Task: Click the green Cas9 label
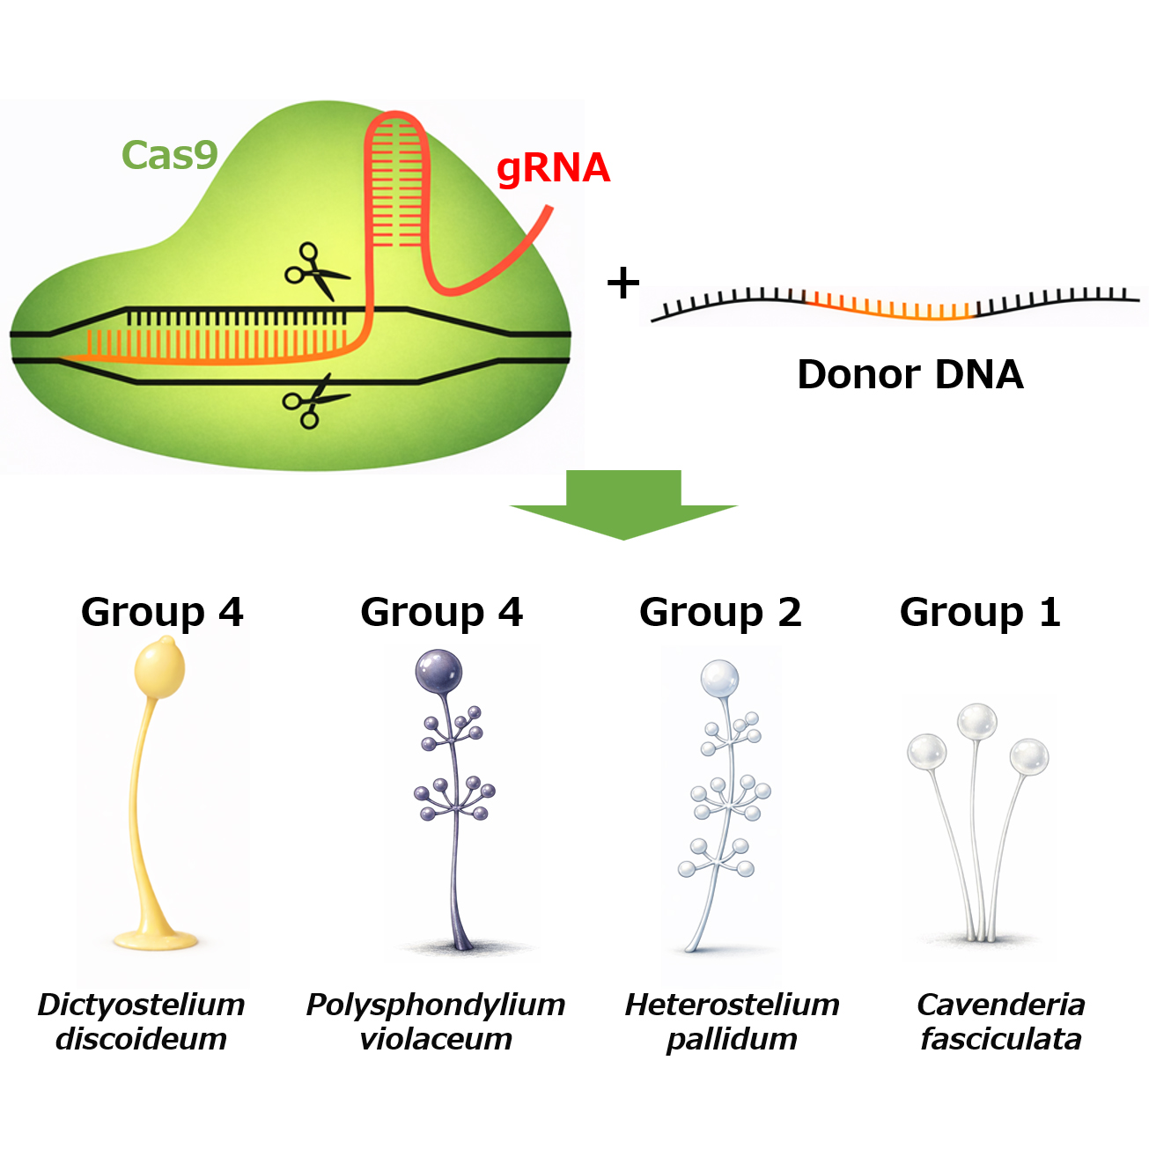pos(169,156)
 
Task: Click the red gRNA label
pos(553,168)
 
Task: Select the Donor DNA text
pos(910,374)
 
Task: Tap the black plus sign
pos(623,284)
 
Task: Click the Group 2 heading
pos(720,612)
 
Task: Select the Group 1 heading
pos(980,612)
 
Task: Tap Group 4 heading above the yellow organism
pos(162,612)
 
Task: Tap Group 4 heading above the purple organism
pos(441,612)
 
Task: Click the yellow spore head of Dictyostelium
pos(160,669)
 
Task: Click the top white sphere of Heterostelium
pos(719,679)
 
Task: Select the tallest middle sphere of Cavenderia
pos(977,723)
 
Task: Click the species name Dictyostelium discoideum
pos(141,1021)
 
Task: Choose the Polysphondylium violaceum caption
pos(436,1021)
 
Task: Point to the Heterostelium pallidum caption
pos(732,1021)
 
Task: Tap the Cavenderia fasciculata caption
pos(1001,1021)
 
